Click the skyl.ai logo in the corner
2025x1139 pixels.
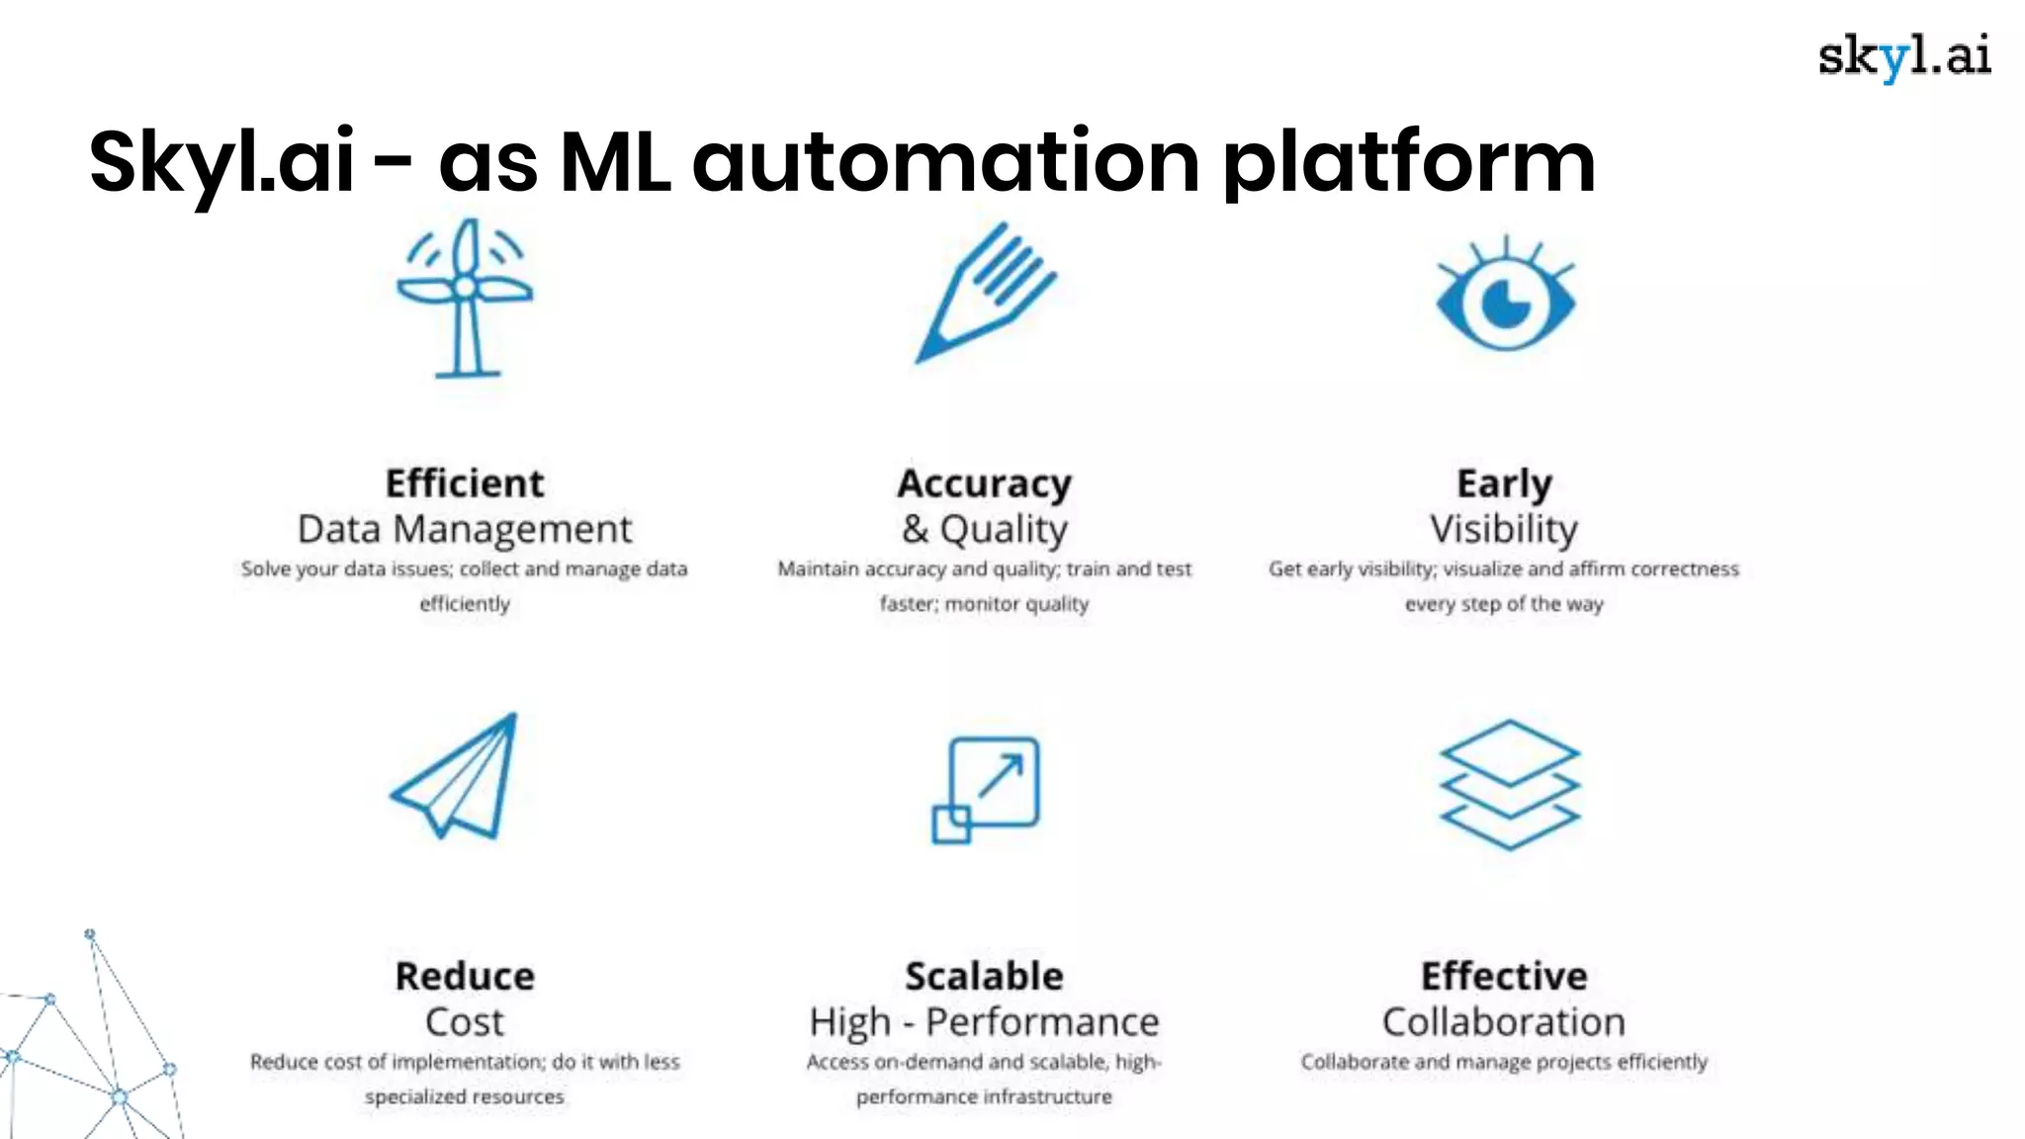pos(1903,57)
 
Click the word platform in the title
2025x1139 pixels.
pos(1409,163)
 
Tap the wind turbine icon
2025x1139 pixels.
pos(465,297)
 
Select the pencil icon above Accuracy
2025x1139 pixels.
pos(985,293)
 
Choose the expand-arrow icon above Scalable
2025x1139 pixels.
pos(987,789)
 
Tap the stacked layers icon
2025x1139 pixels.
pos(1509,784)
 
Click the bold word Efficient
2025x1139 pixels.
pos(465,483)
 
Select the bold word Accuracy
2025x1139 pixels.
pos(984,483)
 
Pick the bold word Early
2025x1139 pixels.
pos(1504,483)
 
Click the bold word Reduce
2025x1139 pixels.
pos(465,976)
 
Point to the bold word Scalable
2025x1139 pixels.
pos(984,976)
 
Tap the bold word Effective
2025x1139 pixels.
pos(1504,976)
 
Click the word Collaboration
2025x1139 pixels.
pos(1504,1021)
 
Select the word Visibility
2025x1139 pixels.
pos(1504,529)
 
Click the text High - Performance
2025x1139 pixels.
pos(984,1021)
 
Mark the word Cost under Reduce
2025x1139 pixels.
pos(465,1021)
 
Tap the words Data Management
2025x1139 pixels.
pos(465,529)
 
